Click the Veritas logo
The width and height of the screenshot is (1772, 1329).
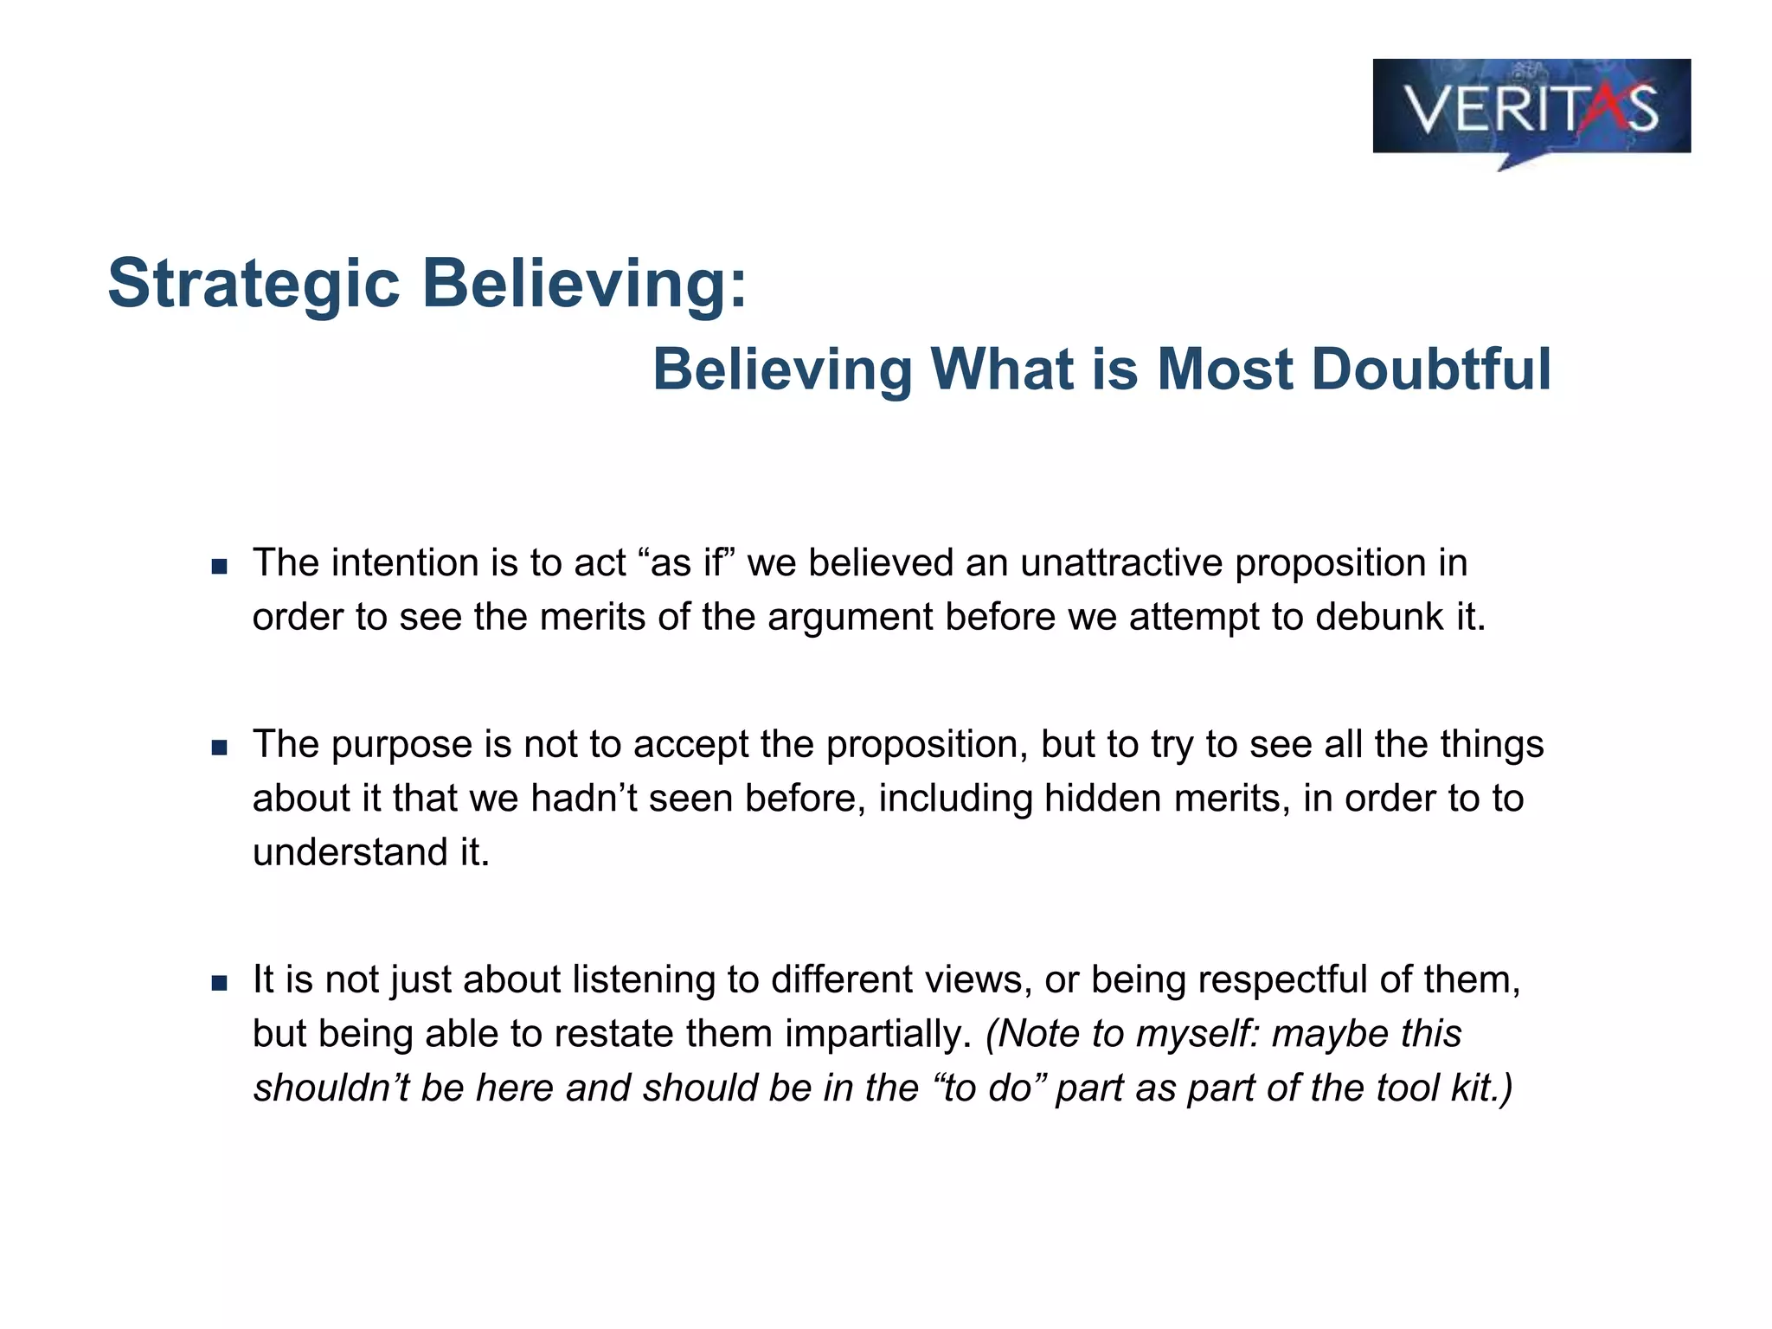1531,108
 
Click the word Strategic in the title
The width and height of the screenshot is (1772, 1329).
254,283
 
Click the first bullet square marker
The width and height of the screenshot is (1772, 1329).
219,568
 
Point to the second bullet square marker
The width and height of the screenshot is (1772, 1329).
219,748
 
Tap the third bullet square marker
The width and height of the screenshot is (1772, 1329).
219,983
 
